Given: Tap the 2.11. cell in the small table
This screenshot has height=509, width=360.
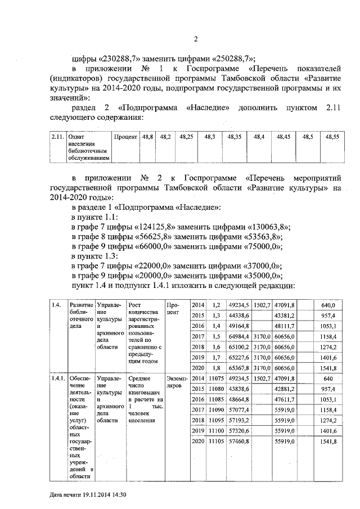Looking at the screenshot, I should coord(56,137).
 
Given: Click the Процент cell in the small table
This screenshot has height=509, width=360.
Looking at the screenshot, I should coord(125,137).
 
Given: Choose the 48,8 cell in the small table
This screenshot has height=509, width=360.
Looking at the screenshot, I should coord(148,137).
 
